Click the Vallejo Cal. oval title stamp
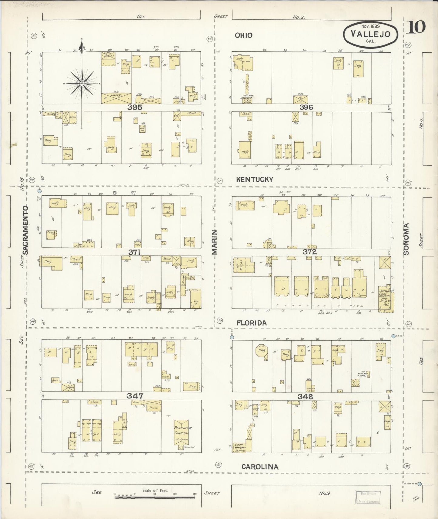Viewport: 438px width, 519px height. [370, 34]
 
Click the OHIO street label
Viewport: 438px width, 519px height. [243, 35]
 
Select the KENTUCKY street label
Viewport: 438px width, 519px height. [255, 180]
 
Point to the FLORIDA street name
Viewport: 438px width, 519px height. [252, 323]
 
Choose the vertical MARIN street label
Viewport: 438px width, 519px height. [215, 244]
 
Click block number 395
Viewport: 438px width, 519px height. [135, 107]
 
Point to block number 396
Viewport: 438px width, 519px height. [306, 107]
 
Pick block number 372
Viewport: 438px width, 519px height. [309, 252]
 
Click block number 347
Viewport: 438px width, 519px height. [135, 396]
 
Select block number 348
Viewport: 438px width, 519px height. [305, 396]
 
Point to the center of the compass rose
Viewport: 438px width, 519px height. [82, 83]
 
